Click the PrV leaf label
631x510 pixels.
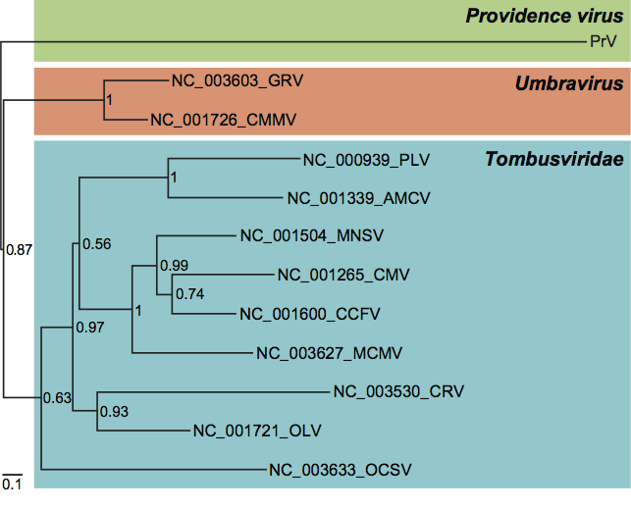[603, 41]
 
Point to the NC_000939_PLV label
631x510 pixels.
[366, 160]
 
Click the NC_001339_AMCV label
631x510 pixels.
[359, 198]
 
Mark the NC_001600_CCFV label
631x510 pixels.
[310, 314]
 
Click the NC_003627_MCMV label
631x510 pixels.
[329, 353]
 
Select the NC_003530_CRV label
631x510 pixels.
[398, 392]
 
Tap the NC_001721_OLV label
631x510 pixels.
[257, 430]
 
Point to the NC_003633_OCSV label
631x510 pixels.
[339, 469]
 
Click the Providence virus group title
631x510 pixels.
[544, 16]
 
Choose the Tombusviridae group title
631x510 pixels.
[554, 160]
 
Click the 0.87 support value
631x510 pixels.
[20, 250]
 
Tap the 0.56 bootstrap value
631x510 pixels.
[96, 244]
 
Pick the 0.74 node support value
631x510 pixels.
[191, 292]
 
